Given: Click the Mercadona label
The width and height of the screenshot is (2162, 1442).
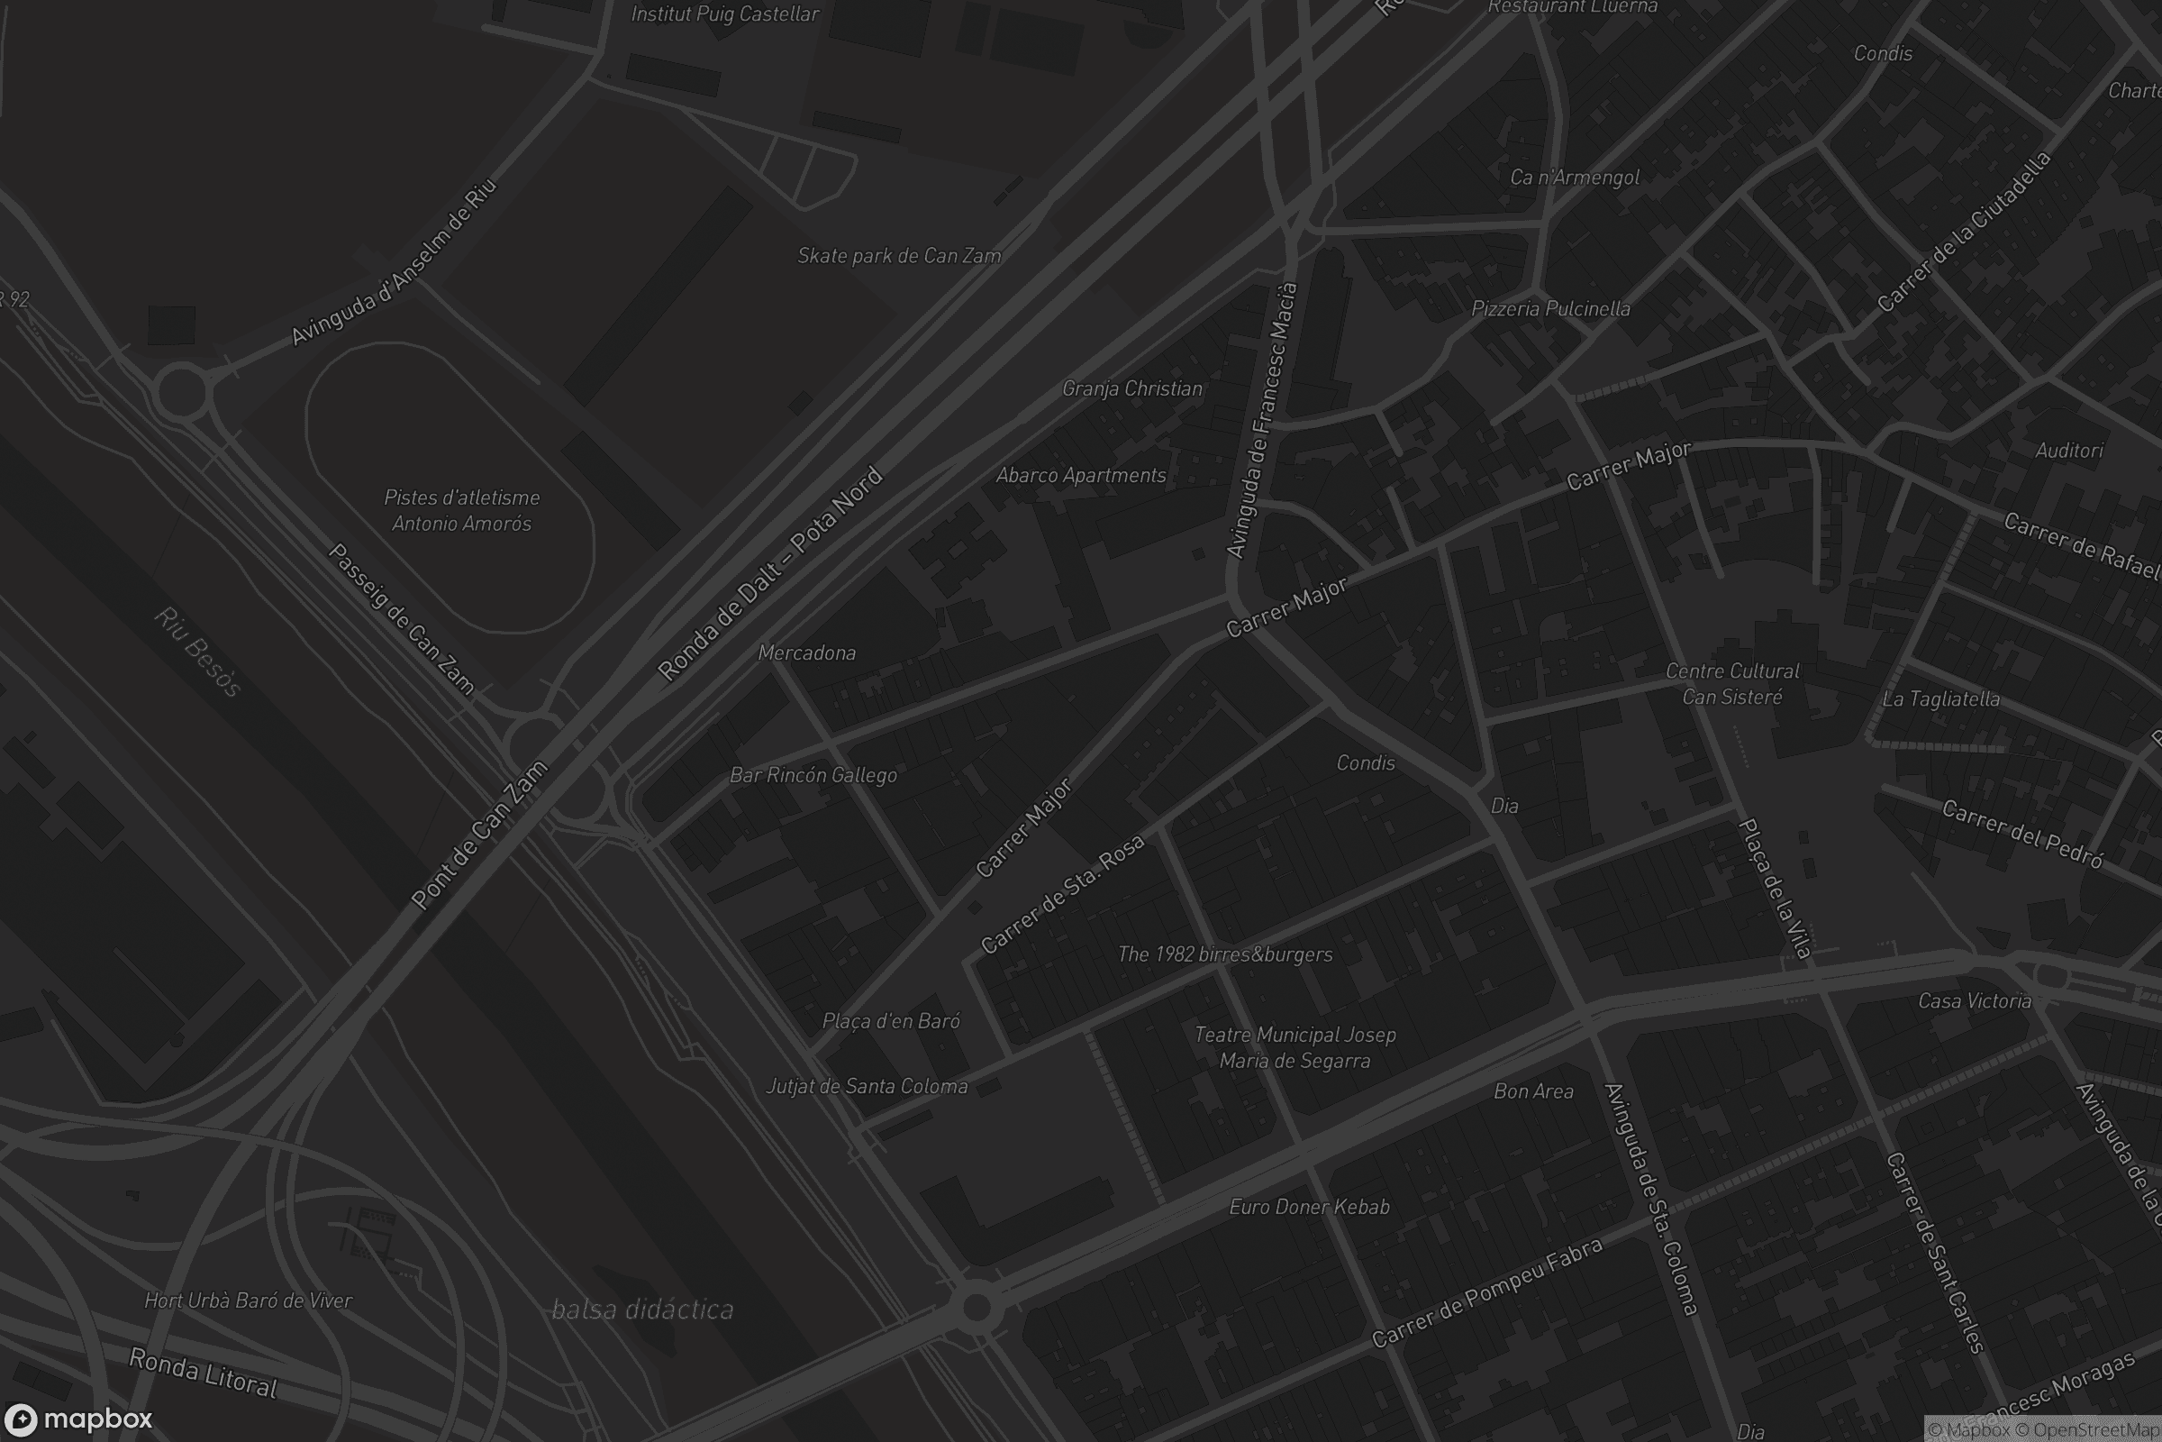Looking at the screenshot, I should [x=806, y=653].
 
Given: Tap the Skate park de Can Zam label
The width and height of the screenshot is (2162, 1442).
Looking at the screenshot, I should [x=899, y=256].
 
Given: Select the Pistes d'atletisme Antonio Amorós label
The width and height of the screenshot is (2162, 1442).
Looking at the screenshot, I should [x=461, y=510].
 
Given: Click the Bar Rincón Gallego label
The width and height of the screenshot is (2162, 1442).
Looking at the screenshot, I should [x=813, y=775].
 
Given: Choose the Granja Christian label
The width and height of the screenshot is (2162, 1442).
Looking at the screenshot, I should [x=1131, y=389].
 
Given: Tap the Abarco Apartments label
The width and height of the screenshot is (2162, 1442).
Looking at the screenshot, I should [x=1081, y=476].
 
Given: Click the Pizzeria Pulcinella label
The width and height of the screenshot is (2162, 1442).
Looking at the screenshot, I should [x=1550, y=309].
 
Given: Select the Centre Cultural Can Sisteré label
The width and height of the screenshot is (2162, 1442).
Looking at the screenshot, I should [x=1731, y=684].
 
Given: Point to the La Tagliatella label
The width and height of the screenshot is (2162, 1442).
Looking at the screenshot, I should [x=1940, y=699].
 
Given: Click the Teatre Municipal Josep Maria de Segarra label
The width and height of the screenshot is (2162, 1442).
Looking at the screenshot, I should [x=1294, y=1047].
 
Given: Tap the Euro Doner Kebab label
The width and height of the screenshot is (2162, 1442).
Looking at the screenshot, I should [x=1309, y=1207].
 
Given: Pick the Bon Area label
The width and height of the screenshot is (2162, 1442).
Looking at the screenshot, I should [x=1533, y=1091].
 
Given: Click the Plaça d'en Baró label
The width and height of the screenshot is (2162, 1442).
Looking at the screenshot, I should [x=891, y=1021].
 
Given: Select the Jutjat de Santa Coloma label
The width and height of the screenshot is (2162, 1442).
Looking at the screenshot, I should [x=867, y=1087].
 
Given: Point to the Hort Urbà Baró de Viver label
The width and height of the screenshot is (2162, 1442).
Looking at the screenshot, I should [x=249, y=1301].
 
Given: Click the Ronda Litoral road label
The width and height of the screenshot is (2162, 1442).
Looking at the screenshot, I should [x=204, y=1373].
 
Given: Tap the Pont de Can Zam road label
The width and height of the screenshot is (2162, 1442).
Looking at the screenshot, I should [x=479, y=835].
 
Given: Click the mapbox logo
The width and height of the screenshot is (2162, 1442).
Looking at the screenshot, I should [x=77, y=1419].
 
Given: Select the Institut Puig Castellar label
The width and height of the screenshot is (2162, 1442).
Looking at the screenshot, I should [x=724, y=14].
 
